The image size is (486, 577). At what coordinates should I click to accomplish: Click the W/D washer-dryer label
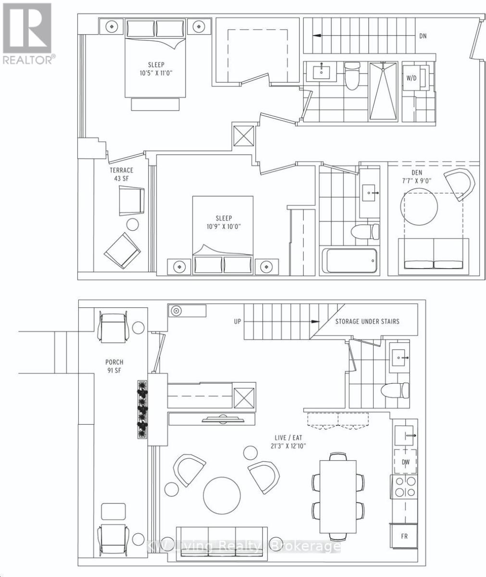pos(411,78)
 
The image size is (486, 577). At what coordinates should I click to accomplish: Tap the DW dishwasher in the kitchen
pos(405,462)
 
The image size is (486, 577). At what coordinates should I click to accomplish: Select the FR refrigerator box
pos(404,536)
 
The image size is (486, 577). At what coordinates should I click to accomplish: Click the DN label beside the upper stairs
pos(423,36)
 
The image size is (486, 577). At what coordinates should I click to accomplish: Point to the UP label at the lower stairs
pos(237,321)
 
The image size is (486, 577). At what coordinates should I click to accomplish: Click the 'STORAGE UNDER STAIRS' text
pos(367,321)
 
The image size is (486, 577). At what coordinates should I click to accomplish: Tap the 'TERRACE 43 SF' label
pos(121,174)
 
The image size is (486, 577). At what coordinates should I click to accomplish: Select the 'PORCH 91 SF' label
pos(114,366)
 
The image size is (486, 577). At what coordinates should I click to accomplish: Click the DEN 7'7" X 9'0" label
pos(417,176)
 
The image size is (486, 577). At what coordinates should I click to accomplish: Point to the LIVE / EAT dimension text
pos(288,441)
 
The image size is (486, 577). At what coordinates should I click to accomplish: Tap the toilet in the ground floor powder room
pos(395,390)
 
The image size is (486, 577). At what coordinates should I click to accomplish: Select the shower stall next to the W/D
pos(384,92)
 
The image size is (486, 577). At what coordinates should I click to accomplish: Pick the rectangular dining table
pos(337,496)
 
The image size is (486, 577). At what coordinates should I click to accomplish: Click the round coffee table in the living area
pos(222,495)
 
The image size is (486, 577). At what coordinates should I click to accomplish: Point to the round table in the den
pos(419,207)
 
